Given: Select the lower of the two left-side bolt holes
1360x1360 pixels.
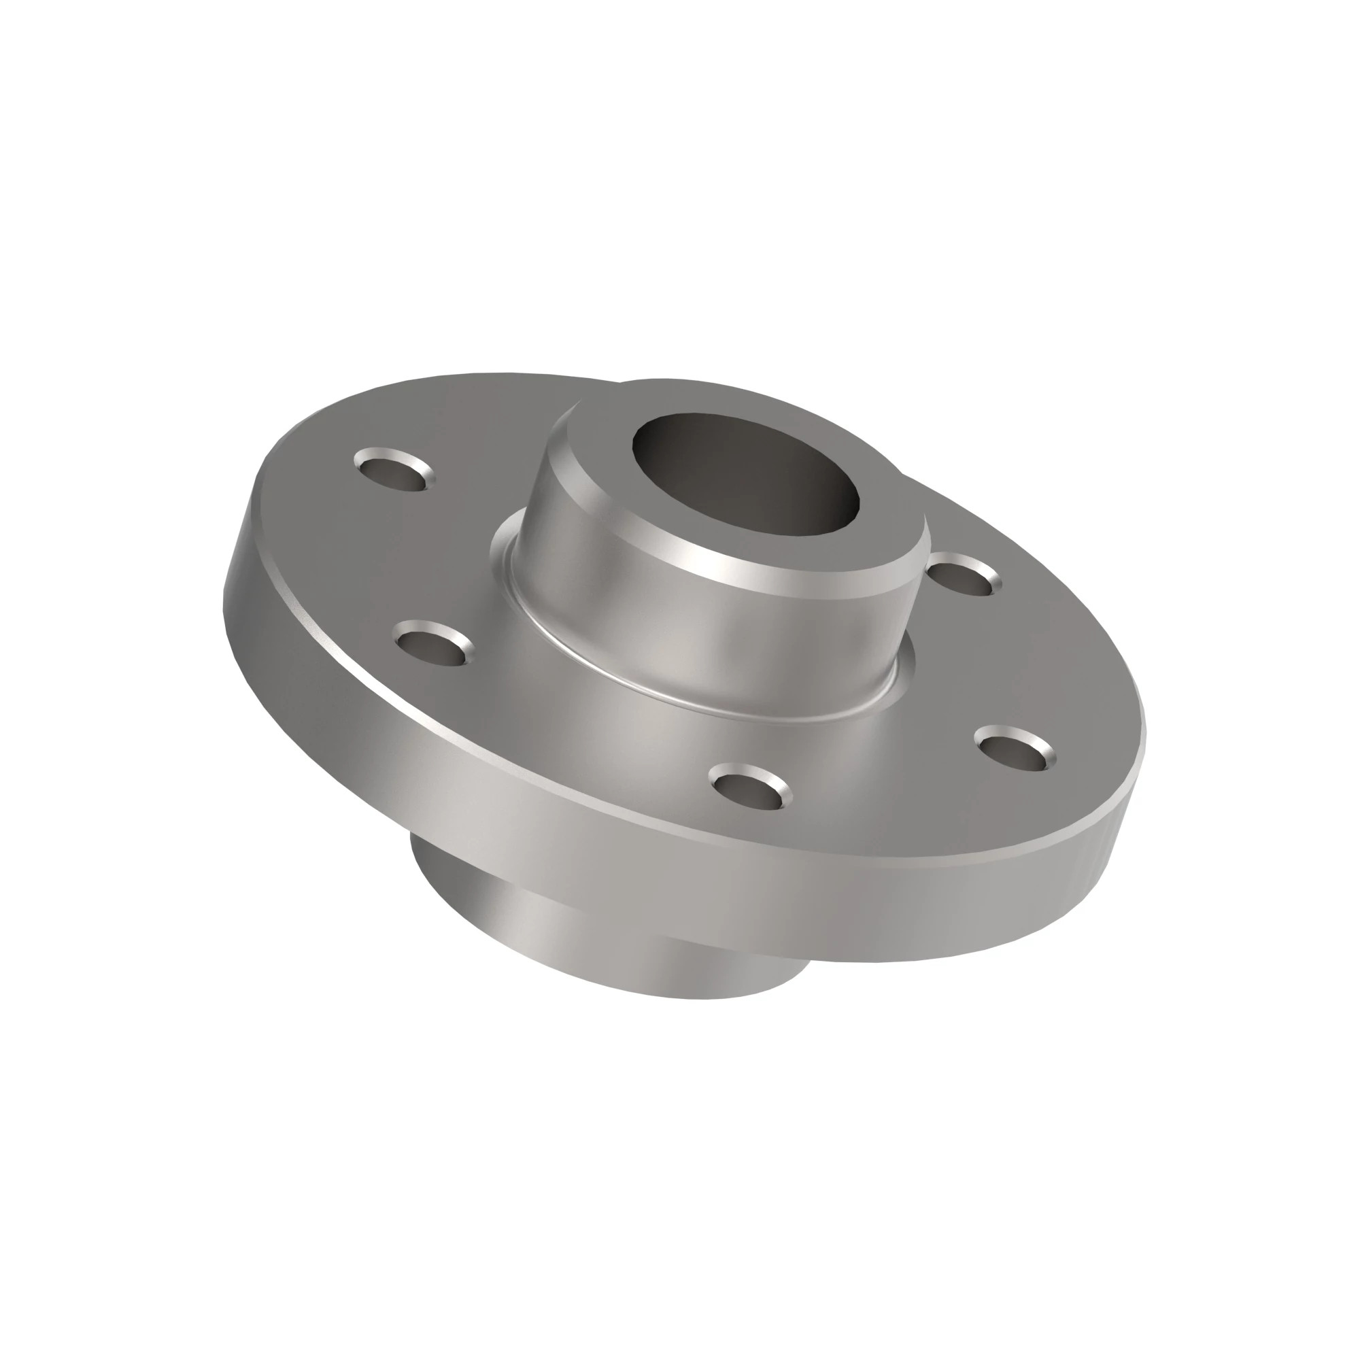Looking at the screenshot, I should [x=431, y=642].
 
